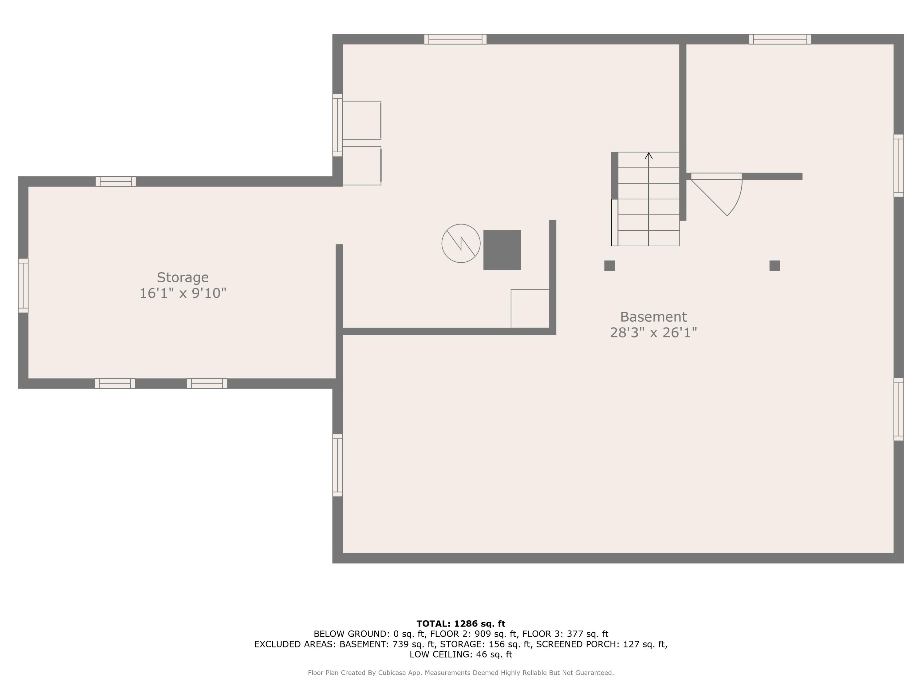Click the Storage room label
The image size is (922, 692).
point(183,277)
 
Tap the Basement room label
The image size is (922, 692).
point(653,317)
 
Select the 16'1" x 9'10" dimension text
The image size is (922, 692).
point(183,293)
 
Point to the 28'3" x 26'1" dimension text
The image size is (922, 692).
point(653,333)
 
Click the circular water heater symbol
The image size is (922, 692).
point(461,244)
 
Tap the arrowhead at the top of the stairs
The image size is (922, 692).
point(648,156)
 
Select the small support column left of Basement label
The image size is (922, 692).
point(609,266)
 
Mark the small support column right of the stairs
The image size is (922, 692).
point(774,266)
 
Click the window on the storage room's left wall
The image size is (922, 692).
point(23,285)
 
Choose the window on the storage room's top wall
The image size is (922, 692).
point(116,181)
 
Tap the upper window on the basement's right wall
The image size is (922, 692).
point(899,165)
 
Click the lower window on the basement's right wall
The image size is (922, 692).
point(899,409)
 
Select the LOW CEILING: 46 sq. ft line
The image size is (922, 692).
point(461,654)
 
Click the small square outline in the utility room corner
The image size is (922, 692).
point(530,309)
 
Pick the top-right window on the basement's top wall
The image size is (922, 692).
point(780,39)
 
